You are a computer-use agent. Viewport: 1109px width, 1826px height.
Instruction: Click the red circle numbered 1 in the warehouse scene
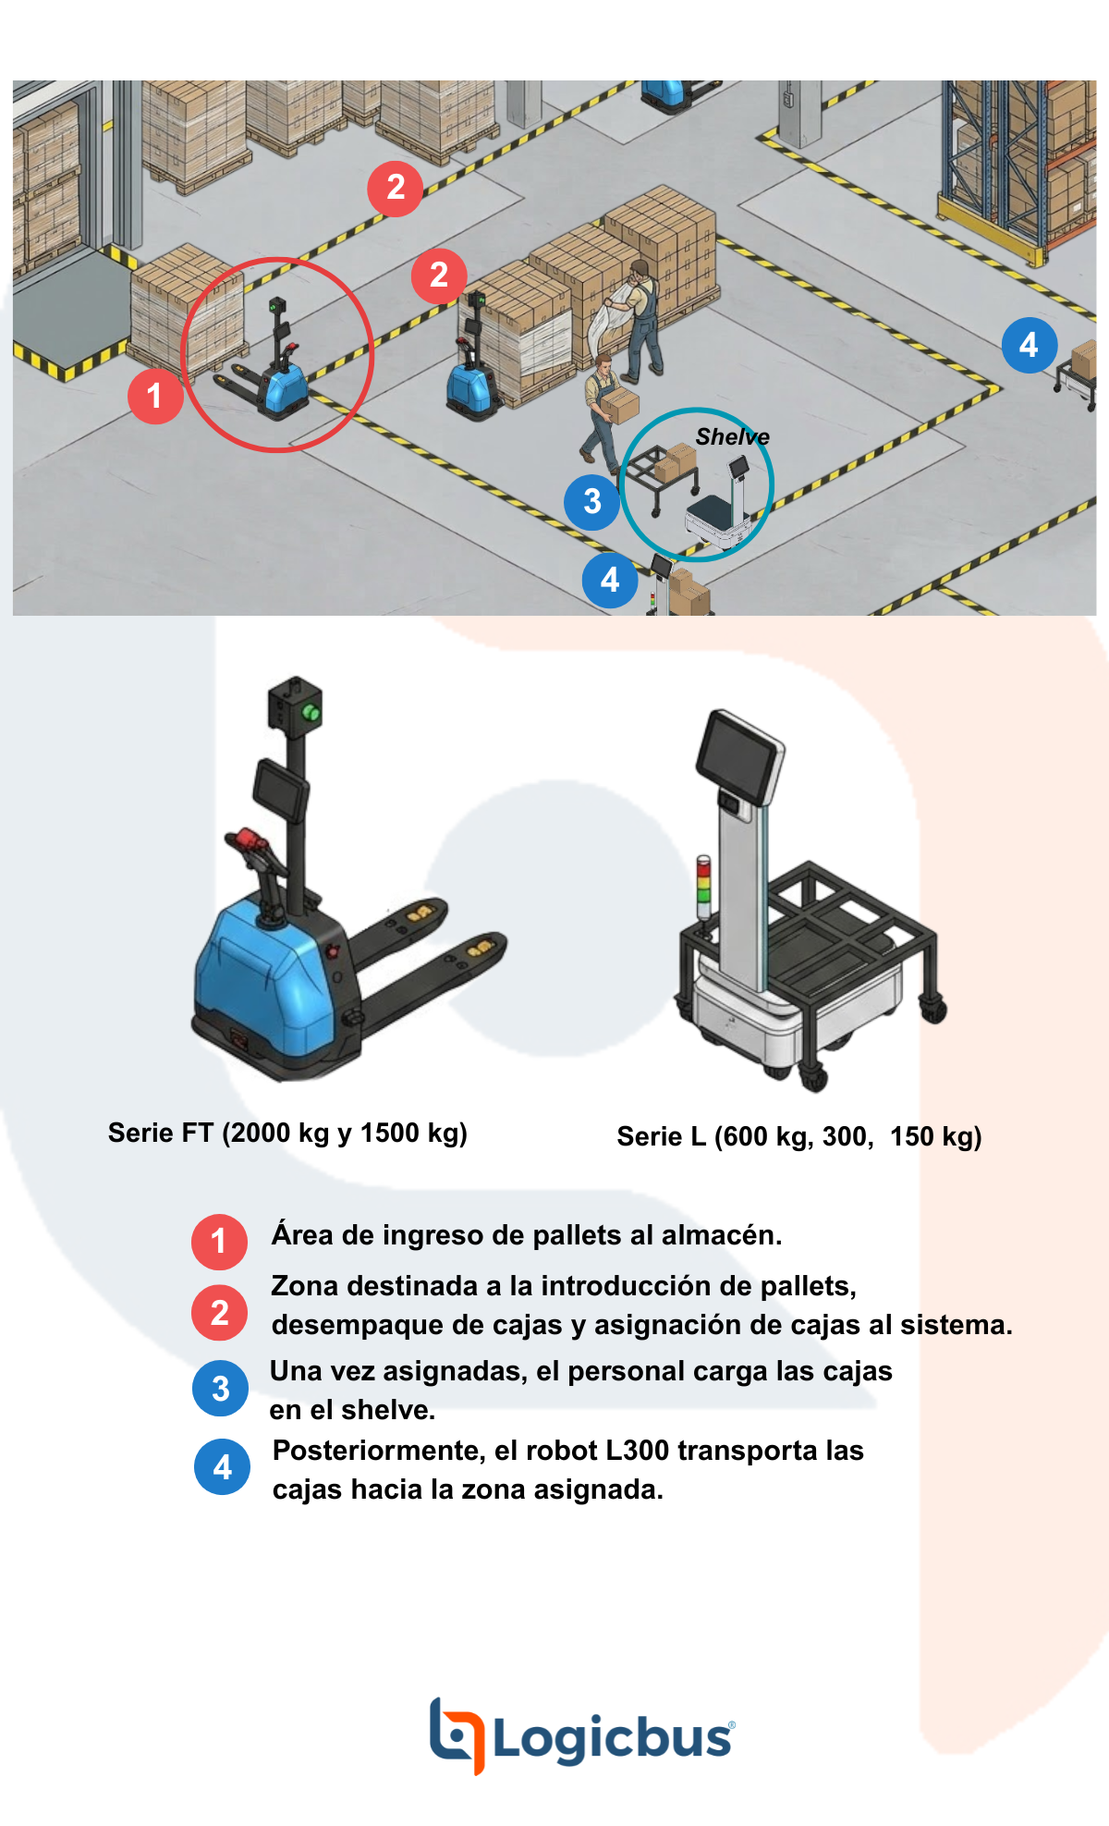click(x=155, y=396)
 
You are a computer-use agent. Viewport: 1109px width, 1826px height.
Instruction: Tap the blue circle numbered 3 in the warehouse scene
click(x=591, y=502)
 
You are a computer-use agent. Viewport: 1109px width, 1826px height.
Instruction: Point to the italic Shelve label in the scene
click(x=732, y=436)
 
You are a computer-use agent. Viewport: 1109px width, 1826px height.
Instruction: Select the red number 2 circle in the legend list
click(x=219, y=1312)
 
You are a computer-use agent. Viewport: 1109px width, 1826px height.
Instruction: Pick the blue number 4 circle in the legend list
click(x=222, y=1466)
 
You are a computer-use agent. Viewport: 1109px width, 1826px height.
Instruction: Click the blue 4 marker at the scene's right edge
click(x=1030, y=345)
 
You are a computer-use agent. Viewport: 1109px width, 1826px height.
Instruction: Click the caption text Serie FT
click(x=161, y=1133)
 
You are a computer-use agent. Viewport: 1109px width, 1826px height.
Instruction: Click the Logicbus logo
click(x=582, y=1735)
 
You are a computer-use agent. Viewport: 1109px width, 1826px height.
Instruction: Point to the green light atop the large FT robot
click(x=311, y=712)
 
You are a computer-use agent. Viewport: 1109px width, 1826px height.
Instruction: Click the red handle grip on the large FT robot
click(x=246, y=839)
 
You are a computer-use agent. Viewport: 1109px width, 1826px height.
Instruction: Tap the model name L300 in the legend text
click(x=637, y=1451)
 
